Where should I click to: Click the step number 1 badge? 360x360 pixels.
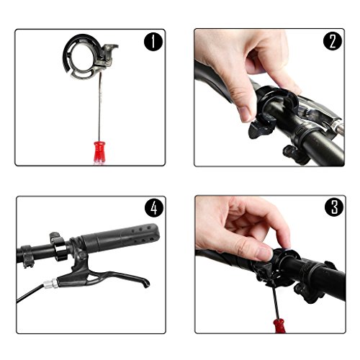(x=153, y=42)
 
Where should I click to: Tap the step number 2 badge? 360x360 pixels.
(x=333, y=41)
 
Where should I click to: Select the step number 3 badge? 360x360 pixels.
(x=334, y=207)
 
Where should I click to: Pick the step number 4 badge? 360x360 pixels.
(x=154, y=207)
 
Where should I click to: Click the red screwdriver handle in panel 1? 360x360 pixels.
(x=99, y=152)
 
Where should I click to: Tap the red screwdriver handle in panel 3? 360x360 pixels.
(x=279, y=325)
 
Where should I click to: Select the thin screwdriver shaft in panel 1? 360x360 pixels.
(x=100, y=107)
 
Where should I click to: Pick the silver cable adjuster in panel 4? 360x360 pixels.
(x=50, y=284)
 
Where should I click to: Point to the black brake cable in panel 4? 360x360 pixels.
(x=30, y=293)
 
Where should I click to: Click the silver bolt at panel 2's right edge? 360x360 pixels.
(x=339, y=127)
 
